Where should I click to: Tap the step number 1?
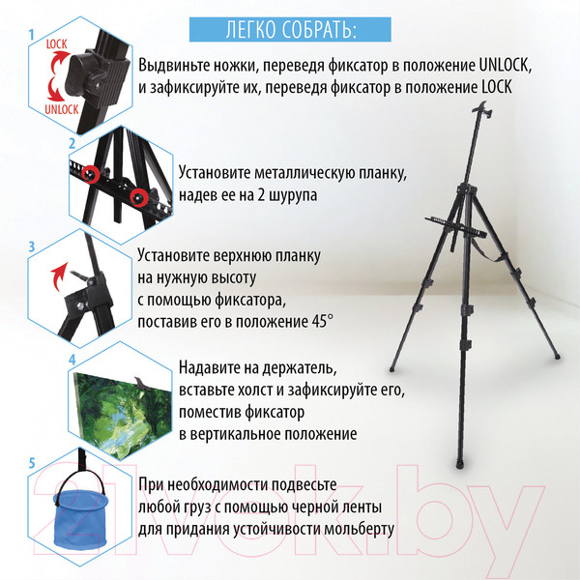point(32,36)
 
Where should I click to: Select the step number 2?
point(72,143)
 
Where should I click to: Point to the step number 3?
point(32,248)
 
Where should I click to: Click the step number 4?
point(72,359)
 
